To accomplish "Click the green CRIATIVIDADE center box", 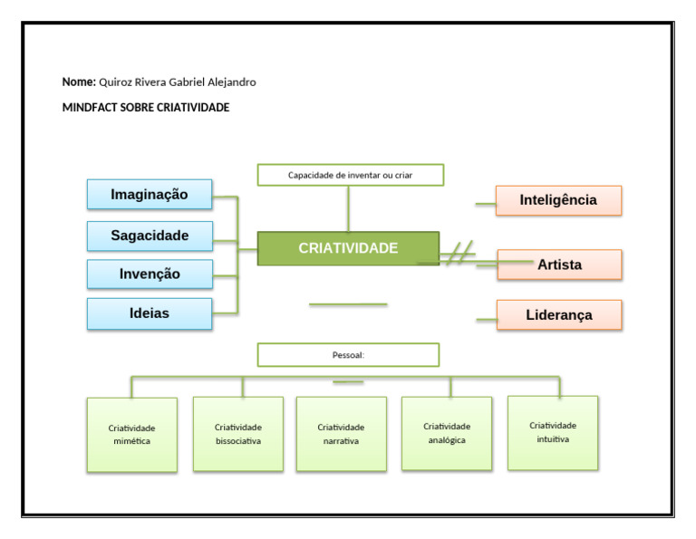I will [x=348, y=248].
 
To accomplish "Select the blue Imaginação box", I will [x=150, y=195].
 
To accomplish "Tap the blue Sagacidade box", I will [x=150, y=236].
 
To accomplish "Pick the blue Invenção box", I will [x=150, y=274].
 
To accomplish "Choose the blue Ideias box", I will [x=150, y=313].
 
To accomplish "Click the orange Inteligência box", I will [x=558, y=200].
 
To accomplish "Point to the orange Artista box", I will [x=559, y=265].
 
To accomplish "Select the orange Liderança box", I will [x=559, y=315].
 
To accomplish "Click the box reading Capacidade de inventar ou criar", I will [x=350, y=175].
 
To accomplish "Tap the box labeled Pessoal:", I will [x=348, y=355].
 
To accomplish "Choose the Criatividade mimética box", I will [x=131, y=435].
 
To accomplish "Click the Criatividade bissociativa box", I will [x=238, y=434].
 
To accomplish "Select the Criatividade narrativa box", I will [x=341, y=434].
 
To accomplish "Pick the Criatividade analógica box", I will [x=447, y=433].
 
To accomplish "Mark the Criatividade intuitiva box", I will [x=553, y=432].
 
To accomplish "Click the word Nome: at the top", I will [x=79, y=82].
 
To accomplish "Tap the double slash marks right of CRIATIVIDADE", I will [x=460, y=253].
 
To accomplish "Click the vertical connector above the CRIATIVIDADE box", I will [x=348, y=209].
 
